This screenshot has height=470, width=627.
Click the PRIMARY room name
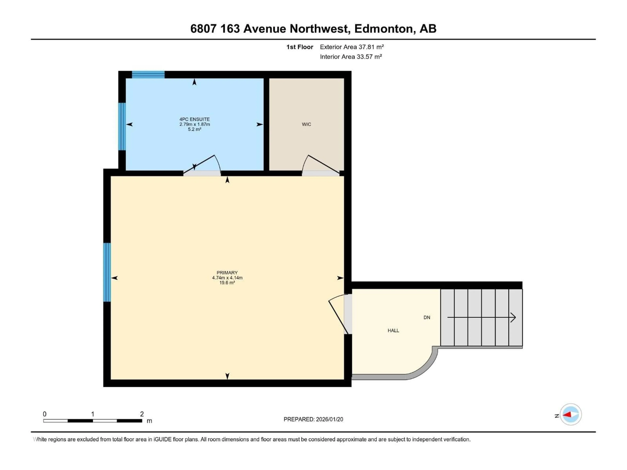click(x=227, y=273)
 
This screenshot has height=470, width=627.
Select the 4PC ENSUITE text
click(x=194, y=119)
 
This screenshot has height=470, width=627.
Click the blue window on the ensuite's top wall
click(x=148, y=75)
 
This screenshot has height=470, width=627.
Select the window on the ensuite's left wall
click(x=122, y=126)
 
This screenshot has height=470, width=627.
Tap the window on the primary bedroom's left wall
click(x=107, y=272)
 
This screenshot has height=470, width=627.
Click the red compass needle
click(x=567, y=415)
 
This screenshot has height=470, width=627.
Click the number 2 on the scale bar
click(x=142, y=414)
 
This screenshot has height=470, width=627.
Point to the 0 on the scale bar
click(x=45, y=414)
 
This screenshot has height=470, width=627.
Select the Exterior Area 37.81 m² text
click(x=352, y=47)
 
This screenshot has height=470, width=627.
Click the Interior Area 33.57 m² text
click(x=351, y=57)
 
